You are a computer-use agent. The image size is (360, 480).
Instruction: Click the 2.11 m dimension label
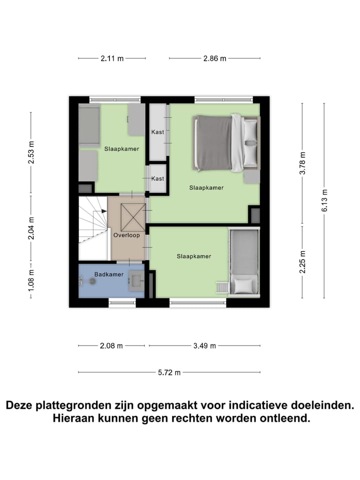[112, 58]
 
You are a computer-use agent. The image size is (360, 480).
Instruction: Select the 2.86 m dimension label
[214, 58]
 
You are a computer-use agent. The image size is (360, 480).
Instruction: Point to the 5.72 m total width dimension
[169, 372]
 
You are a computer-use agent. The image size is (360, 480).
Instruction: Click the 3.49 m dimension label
[204, 345]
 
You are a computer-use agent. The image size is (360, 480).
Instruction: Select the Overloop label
[126, 234]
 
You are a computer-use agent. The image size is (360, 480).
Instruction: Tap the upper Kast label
[157, 132]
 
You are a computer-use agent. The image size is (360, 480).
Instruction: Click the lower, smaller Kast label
[157, 178]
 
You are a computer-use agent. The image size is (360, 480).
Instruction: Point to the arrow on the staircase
[104, 211]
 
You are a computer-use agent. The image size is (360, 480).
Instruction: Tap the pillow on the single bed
[243, 286]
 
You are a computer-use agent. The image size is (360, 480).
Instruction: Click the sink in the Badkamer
[136, 279]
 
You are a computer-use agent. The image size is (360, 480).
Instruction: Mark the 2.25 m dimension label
[302, 261]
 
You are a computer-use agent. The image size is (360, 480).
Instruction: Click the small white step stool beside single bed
[221, 288]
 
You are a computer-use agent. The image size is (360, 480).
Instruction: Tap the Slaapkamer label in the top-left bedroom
[121, 148]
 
